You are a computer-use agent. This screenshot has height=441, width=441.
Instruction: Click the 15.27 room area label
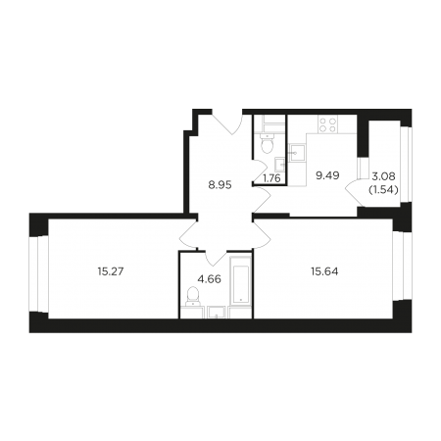click(111, 271)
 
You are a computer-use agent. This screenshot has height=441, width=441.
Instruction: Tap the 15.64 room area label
click(324, 271)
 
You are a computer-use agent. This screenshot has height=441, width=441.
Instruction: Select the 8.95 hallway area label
click(220, 185)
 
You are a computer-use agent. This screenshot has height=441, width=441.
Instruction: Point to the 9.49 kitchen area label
click(327, 175)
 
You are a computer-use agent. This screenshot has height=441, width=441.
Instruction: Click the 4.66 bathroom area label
click(210, 279)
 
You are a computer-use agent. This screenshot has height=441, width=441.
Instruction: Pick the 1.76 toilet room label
click(271, 178)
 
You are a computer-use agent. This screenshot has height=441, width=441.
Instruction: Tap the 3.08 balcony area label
click(383, 176)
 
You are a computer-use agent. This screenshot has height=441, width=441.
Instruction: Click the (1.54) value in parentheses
click(383, 189)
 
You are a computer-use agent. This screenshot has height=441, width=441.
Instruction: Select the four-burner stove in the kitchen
click(328, 124)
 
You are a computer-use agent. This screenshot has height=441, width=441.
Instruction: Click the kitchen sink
click(297, 153)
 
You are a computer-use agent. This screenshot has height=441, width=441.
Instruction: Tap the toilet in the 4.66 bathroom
click(193, 296)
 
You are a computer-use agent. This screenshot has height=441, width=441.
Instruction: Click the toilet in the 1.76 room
click(268, 144)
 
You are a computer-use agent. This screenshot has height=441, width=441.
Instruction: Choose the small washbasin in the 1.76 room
click(279, 164)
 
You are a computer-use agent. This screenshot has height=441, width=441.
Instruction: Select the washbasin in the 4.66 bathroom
click(216, 312)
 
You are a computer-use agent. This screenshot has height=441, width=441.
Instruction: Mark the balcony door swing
click(354, 193)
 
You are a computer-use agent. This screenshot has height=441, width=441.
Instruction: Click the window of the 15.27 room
click(38, 273)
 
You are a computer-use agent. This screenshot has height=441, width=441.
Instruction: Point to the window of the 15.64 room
click(402, 266)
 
